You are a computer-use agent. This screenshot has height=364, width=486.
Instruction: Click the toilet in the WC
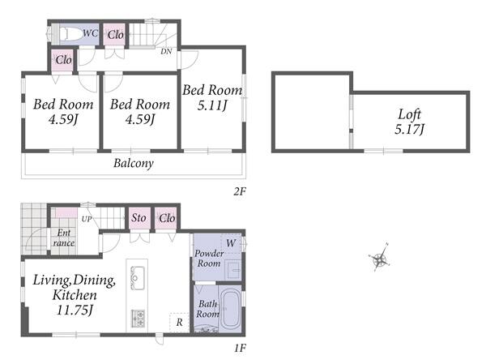[x=69, y=34]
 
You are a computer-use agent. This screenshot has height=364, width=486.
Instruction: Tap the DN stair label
[x=166, y=52]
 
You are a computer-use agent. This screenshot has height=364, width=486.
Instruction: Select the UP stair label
[x=87, y=219]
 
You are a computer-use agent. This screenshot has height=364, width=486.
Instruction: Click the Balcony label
[x=134, y=163]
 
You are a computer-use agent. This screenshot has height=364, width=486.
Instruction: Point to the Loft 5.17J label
[x=409, y=122]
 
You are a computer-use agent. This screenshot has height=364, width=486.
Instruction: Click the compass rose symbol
[x=379, y=259]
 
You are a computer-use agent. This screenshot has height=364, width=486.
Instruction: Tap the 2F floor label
[x=240, y=191]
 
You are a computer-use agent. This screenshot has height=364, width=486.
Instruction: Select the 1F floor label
[x=240, y=348]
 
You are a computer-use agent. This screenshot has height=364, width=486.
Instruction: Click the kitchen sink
[x=138, y=278]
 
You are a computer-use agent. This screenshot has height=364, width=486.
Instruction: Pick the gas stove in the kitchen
[x=138, y=318]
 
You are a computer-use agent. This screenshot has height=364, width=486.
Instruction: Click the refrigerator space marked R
[x=180, y=323]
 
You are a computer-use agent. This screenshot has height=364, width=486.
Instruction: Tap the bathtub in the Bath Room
[x=230, y=309]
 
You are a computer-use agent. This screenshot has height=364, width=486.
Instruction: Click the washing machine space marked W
[x=231, y=243]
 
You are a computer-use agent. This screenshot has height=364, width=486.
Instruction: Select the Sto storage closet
[x=139, y=217]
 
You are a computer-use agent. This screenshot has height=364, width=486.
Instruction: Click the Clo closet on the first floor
[x=166, y=218]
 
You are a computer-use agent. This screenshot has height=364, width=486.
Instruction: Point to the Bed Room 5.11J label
[x=212, y=98]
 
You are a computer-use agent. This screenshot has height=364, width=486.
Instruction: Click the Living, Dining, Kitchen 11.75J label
[x=75, y=295]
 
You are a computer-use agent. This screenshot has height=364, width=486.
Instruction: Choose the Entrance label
[x=64, y=238]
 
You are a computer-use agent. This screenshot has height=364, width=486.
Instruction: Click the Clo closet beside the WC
[x=115, y=35]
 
